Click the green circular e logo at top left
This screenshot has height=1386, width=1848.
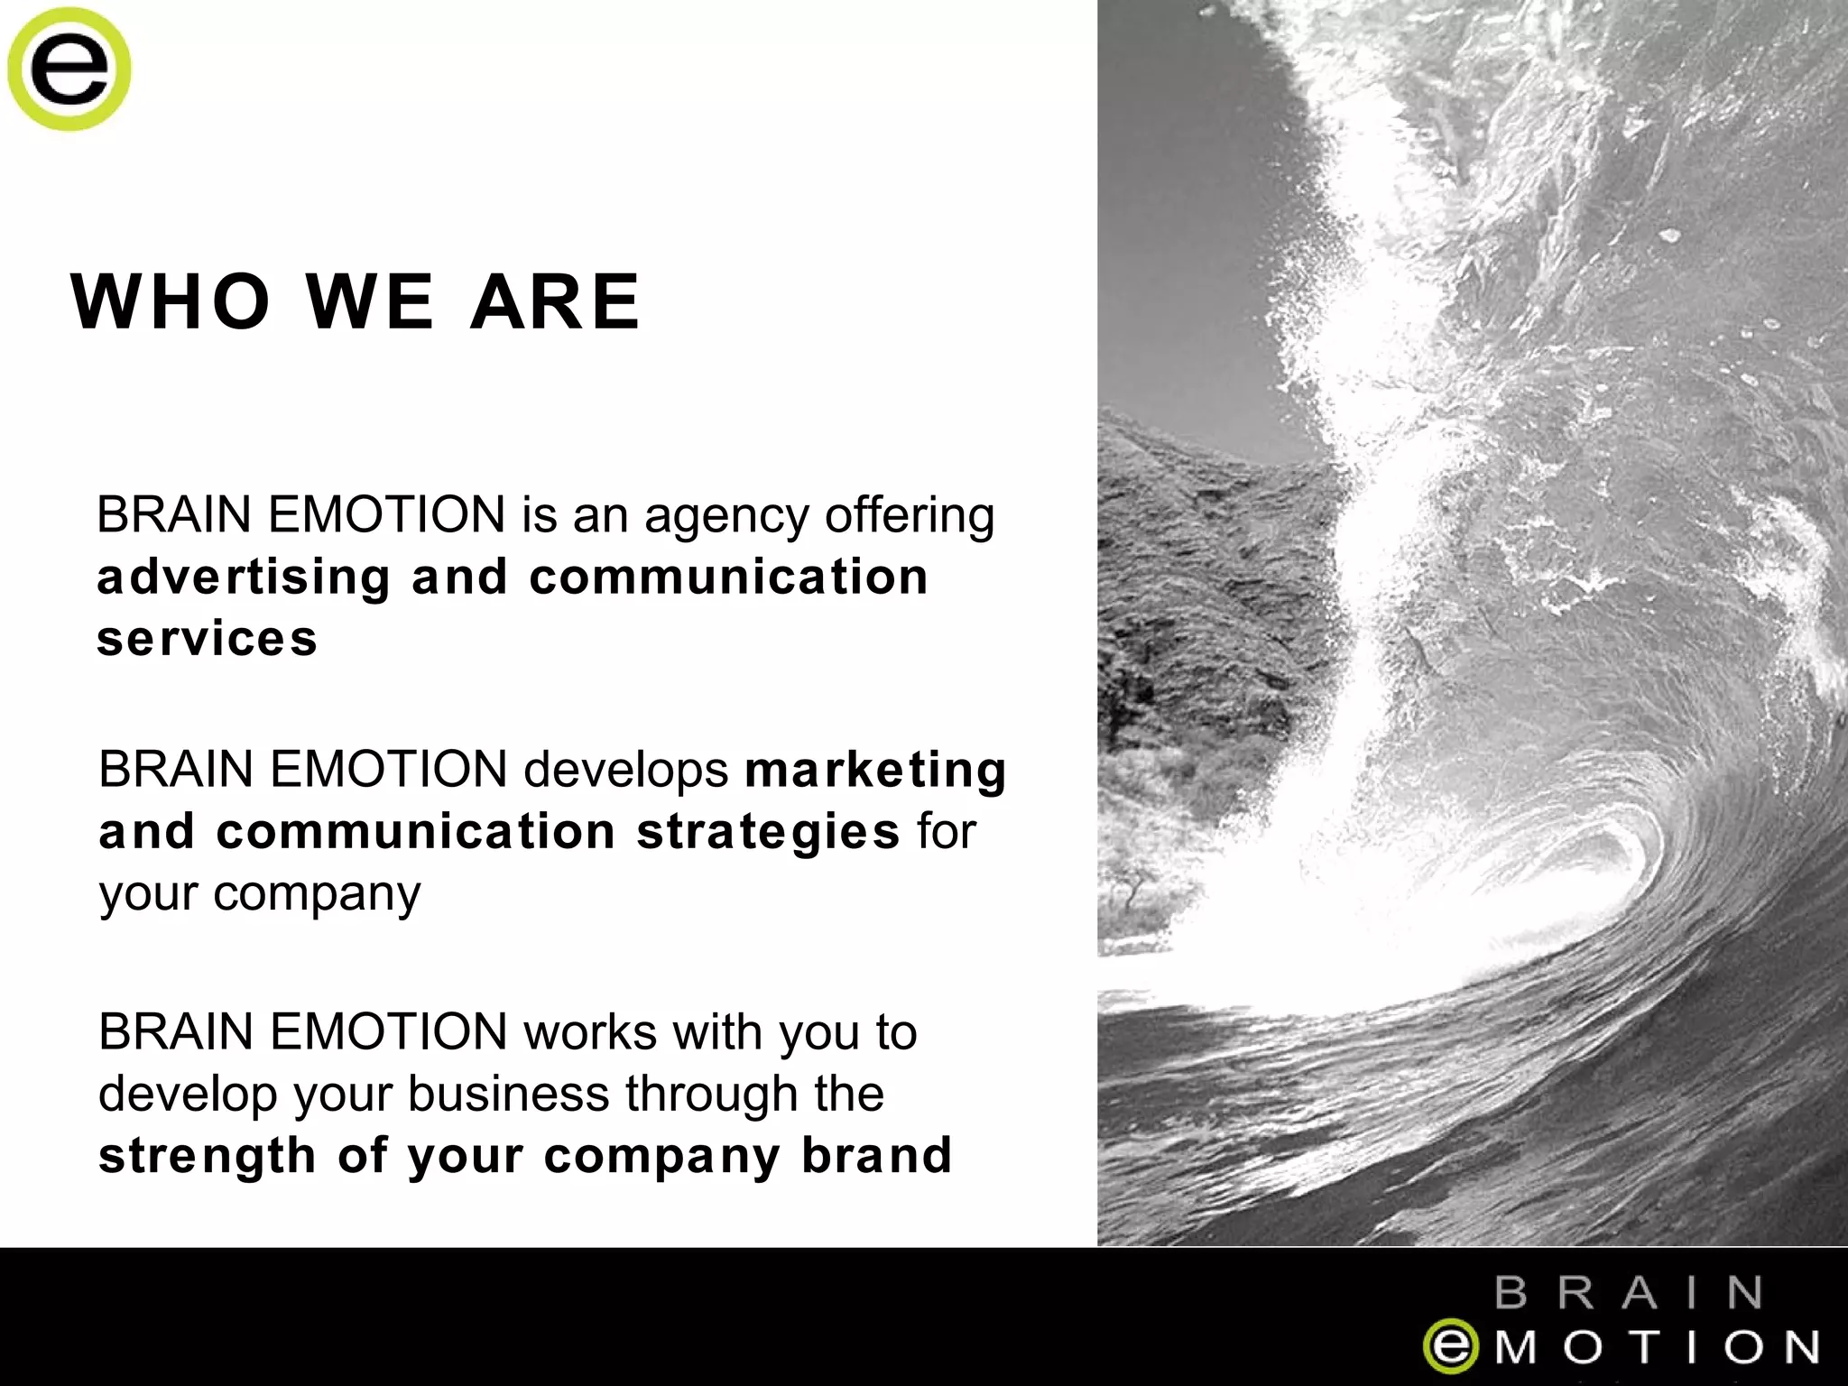click(x=69, y=69)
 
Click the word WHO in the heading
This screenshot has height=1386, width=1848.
click(x=171, y=301)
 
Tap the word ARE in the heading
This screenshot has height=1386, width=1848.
click(x=555, y=301)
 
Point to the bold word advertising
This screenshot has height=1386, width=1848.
click(x=244, y=577)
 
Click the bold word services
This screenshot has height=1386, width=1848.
click(x=208, y=639)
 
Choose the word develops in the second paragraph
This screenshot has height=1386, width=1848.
click(x=626, y=770)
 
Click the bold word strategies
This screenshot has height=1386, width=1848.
click(x=768, y=832)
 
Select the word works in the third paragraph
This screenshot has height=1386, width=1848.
click(x=590, y=1032)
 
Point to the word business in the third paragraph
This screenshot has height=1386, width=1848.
click(x=508, y=1095)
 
